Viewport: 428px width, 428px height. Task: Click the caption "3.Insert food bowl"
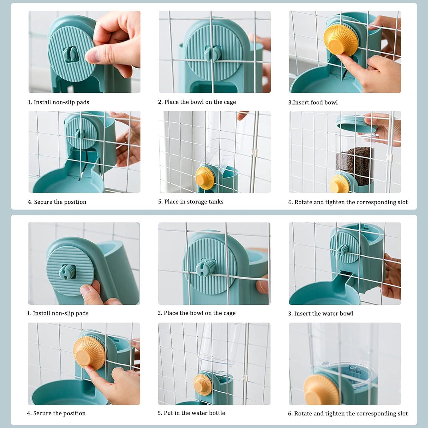[x=313, y=102]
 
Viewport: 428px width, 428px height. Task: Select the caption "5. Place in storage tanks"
[x=191, y=202]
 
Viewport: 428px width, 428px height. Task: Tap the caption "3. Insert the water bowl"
[x=320, y=314]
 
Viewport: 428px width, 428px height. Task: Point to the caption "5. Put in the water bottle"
[x=191, y=413]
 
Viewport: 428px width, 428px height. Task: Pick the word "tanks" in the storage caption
[x=216, y=202]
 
